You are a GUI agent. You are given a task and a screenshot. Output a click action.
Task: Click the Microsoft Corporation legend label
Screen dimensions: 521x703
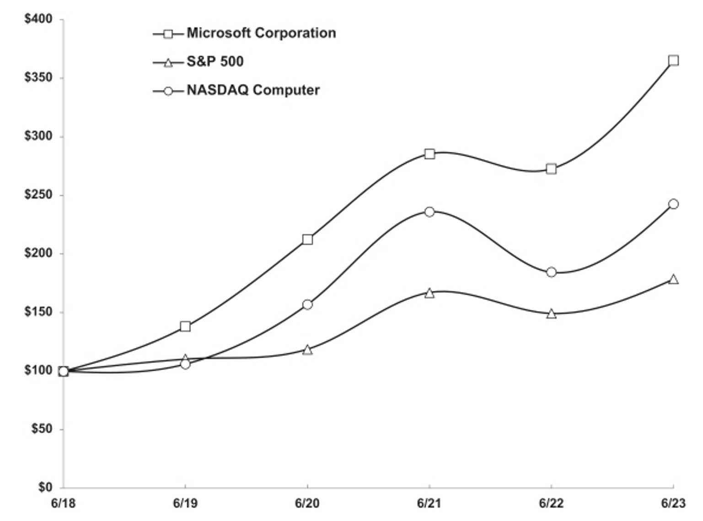click(x=261, y=33)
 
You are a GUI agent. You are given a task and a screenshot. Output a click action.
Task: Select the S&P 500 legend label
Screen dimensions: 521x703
click(x=215, y=62)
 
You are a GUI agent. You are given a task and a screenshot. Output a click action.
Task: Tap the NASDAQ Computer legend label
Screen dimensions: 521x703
click(x=253, y=90)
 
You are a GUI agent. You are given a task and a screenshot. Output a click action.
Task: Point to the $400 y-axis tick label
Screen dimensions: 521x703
click(x=38, y=19)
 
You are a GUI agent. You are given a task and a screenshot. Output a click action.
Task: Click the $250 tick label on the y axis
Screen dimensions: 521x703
click(x=38, y=195)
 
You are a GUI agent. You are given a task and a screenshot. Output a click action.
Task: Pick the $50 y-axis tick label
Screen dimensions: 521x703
click(x=42, y=429)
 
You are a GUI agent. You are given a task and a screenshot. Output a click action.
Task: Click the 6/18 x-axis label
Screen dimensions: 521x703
click(x=63, y=504)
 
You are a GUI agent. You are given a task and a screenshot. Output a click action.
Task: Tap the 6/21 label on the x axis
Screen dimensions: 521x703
click(x=429, y=504)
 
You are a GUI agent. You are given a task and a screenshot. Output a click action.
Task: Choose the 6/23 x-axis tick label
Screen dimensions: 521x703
click(x=673, y=504)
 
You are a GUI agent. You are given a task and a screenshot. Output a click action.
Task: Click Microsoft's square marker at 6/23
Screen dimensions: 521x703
click(x=673, y=60)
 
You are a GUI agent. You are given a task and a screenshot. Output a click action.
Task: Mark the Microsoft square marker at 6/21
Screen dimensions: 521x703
click(x=429, y=154)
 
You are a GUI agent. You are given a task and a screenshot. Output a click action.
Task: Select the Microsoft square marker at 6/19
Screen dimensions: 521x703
click(x=185, y=326)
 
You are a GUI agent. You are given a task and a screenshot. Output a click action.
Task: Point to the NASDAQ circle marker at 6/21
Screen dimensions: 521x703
click(x=429, y=212)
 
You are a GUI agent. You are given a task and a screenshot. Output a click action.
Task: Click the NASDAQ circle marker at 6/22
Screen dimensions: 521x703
click(x=551, y=272)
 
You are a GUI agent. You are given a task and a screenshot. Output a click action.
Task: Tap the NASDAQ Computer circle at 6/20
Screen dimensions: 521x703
click(x=307, y=304)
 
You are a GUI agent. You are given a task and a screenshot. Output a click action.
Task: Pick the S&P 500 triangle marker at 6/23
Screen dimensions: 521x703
click(x=673, y=279)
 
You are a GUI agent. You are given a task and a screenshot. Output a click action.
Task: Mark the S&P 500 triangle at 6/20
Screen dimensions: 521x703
click(x=307, y=350)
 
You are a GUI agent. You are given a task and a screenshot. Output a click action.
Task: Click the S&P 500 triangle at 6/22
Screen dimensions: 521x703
click(x=551, y=314)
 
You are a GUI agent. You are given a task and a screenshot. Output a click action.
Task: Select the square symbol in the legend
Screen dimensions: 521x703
click(x=168, y=34)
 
